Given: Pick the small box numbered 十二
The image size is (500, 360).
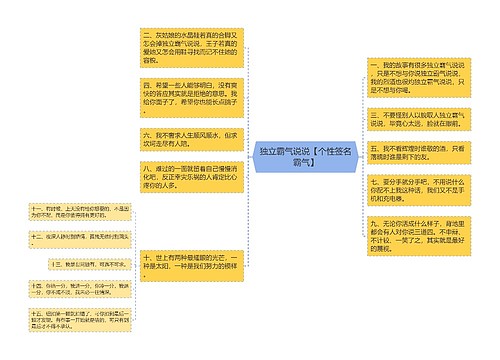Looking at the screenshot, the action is coord(66,238).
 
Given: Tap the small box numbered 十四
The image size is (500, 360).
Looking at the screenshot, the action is coord(66,289).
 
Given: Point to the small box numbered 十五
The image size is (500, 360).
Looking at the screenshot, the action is coord(66,317).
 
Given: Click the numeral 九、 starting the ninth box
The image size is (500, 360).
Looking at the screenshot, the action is coord(373,222).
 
